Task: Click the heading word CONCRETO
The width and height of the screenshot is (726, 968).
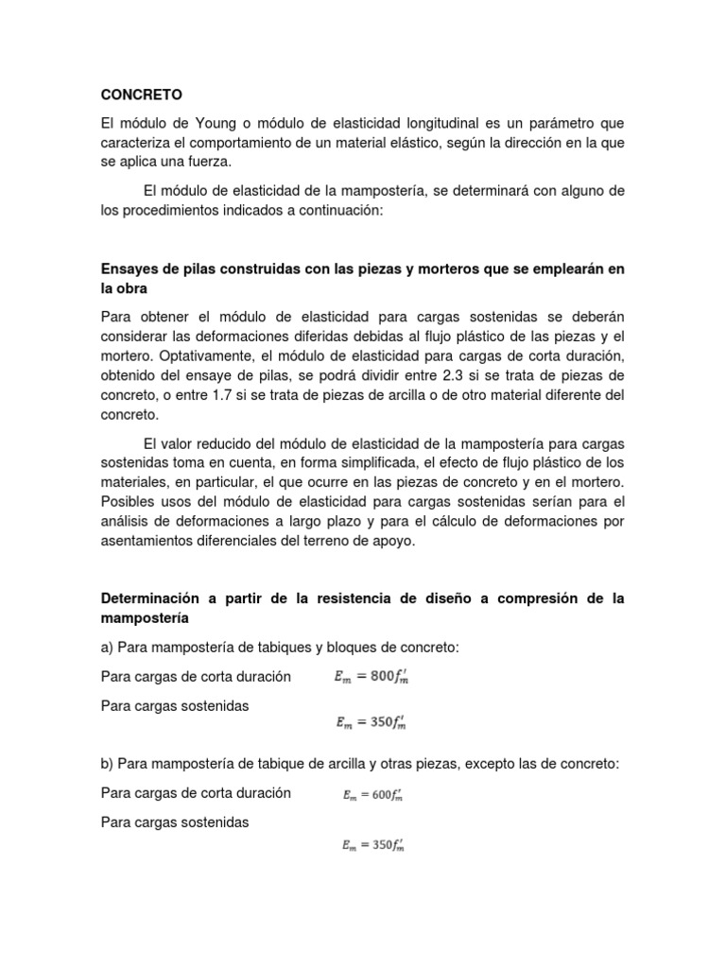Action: pyautogui.click(x=141, y=95)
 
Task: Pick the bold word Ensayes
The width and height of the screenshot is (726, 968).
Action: pyautogui.click(x=130, y=269)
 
